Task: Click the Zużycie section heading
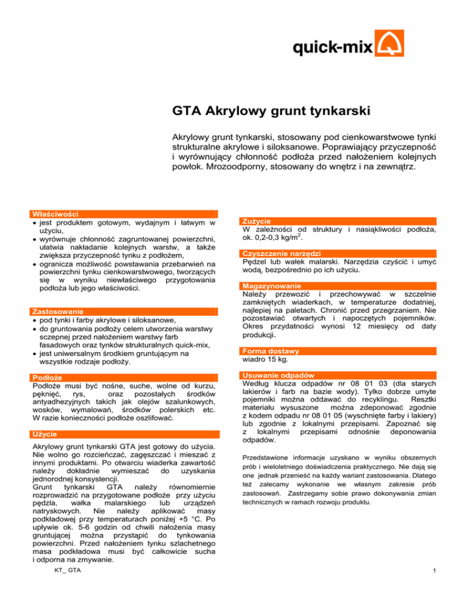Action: point(256,222)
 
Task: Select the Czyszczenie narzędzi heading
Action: point(280,254)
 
